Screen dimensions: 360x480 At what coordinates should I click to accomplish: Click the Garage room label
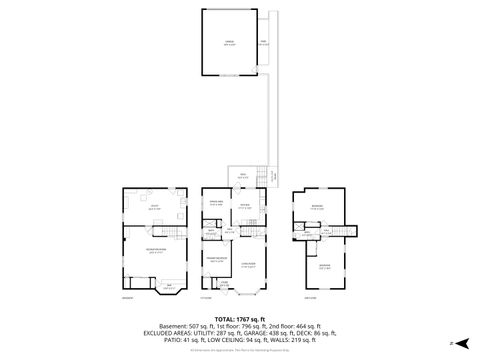tap(229, 43)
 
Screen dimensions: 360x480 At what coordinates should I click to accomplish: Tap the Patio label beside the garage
tap(263, 43)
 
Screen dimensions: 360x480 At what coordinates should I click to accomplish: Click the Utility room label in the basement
tap(155, 207)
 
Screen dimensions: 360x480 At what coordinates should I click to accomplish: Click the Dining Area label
tap(215, 204)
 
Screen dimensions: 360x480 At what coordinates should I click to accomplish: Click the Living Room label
tap(249, 265)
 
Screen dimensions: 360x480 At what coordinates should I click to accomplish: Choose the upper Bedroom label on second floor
tap(317, 207)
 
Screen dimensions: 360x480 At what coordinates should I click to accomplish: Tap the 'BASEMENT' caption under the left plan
tap(127, 298)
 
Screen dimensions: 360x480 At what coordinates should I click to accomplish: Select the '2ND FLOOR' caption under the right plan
tap(311, 298)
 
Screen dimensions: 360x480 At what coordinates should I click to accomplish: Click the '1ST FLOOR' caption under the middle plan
tap(207, 298)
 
